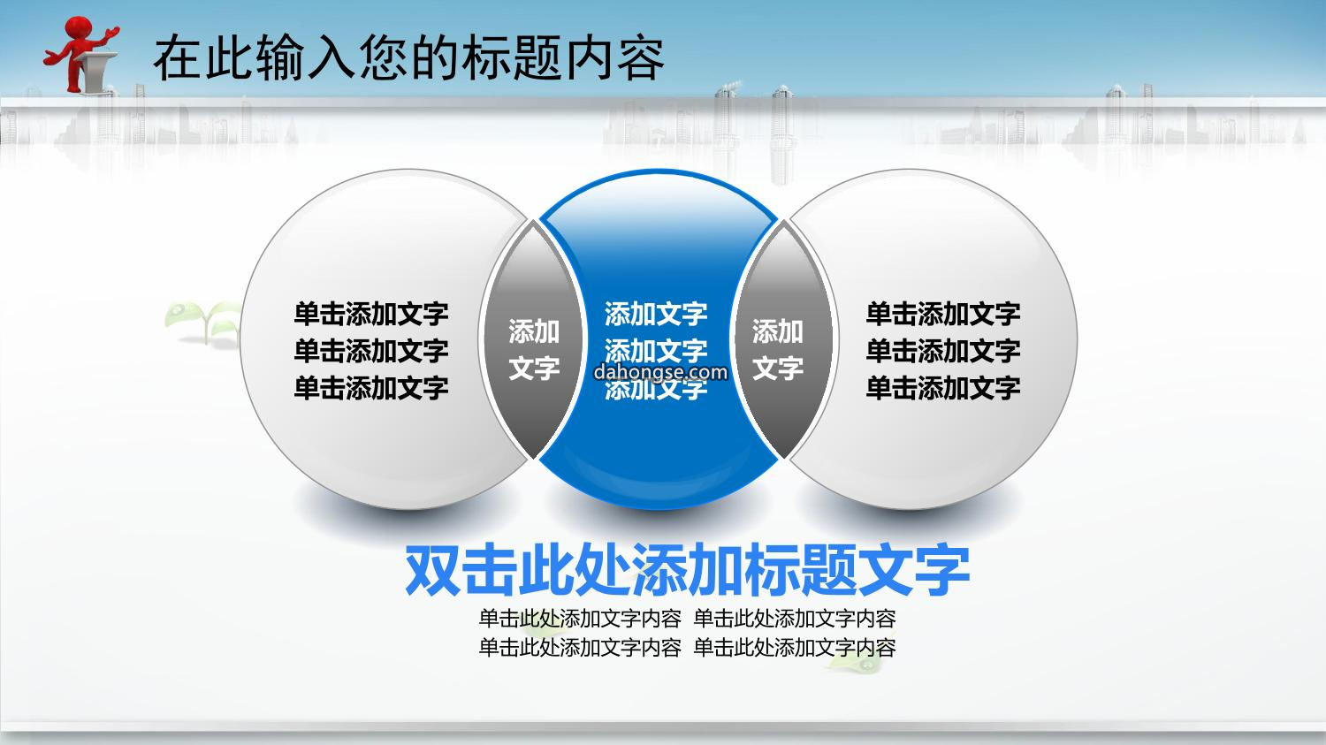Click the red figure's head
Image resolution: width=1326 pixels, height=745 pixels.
point(78,27)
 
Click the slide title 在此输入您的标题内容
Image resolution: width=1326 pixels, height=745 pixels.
point(409,57)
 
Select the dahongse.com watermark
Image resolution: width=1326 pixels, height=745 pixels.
point(660,372)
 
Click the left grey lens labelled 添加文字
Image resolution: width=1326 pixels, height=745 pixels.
point(533,340)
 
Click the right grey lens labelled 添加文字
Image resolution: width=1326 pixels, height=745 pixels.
point(783,340)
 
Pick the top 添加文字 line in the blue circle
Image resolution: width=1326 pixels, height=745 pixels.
point(656,314)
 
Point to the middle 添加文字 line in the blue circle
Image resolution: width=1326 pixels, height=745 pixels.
point(656,350)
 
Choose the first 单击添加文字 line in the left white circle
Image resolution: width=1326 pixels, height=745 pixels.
point(371,314)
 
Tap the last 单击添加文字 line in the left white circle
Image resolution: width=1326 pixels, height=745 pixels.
point(371,388)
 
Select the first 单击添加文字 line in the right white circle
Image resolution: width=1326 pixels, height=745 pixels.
point(943,314)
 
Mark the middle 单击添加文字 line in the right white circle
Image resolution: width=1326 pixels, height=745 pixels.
point(943,350)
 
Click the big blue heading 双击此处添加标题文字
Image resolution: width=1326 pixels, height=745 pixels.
point(687,570)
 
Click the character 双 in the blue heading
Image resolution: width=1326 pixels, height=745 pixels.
point(432,570)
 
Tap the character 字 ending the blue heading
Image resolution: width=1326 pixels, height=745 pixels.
point(942,570)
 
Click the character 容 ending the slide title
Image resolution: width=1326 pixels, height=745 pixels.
point(641,58)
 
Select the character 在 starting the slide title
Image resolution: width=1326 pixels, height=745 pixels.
point(177,58)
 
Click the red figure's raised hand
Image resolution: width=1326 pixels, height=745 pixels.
point(110,33)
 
